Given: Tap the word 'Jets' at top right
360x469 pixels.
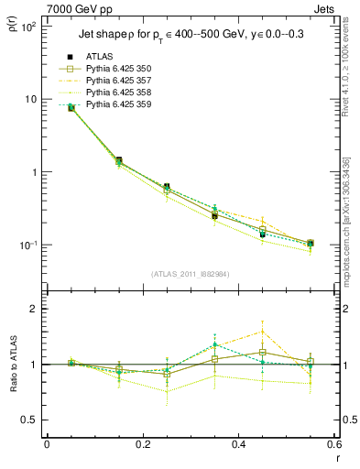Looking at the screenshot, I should pos(324,7).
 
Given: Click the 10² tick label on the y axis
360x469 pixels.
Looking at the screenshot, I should pos(27,26).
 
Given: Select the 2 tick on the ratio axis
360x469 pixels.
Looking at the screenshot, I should pos(33,309).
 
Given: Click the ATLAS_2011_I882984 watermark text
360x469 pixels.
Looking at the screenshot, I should pos(190,273).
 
